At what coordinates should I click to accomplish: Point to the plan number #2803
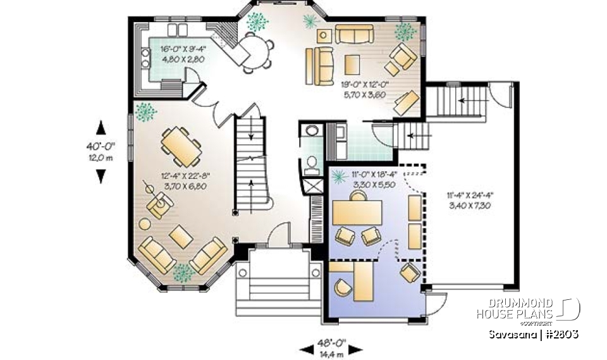[560, 334]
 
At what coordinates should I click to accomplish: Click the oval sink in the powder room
[312, 131]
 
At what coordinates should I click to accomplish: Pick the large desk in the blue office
[358, 211]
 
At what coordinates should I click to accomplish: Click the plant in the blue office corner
[335, 176]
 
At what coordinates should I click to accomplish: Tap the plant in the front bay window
[183, 273]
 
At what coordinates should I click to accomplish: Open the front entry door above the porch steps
[276, 238]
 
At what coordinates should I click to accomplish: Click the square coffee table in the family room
[352, 63]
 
